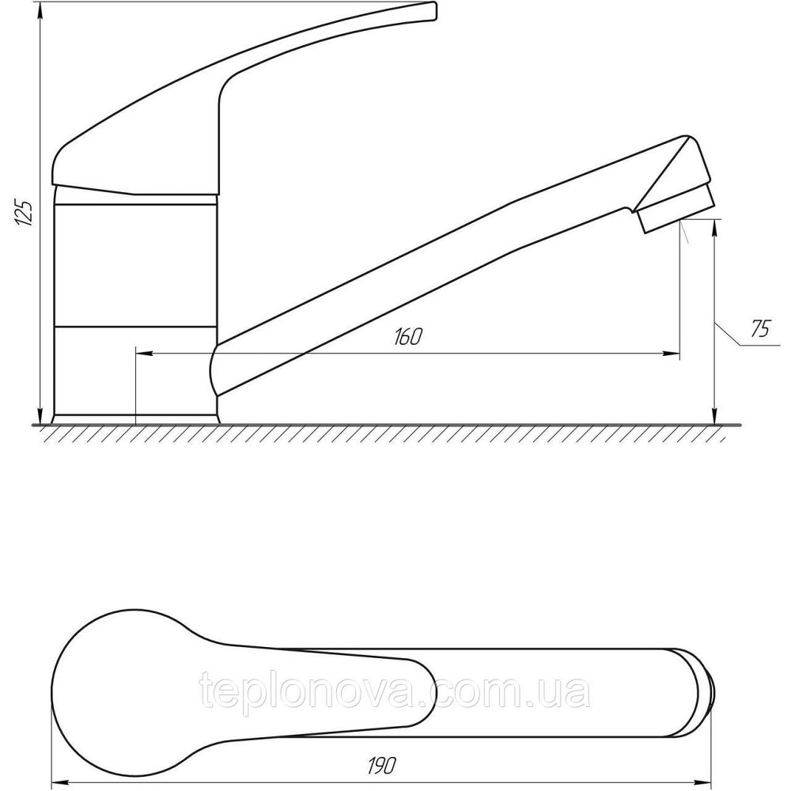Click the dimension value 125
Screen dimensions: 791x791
pos(23,212)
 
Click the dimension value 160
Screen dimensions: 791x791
pos(407,336)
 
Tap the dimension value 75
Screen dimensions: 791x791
pos(760,329)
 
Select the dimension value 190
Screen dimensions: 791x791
pos(382,766)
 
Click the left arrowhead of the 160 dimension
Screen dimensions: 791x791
pos(144,353)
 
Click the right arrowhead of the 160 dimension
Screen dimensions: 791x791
pos(672,353)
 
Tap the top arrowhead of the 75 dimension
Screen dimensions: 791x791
pos(714,228)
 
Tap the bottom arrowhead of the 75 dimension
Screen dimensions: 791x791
pos(714,416)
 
